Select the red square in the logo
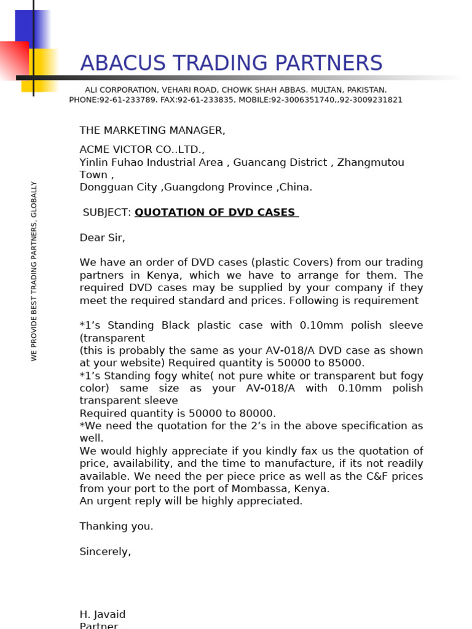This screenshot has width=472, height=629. (x=14, y=60)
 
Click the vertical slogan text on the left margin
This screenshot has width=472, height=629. (x=34, y=270)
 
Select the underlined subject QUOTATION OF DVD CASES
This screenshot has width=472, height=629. (x=216, y=213)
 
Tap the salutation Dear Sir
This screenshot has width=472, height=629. (x=102, y=238)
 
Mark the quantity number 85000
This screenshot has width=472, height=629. (x=347, y=363)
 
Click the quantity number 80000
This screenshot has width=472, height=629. (x=259, y=413)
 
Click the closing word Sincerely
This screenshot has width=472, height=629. (x=105, y=552)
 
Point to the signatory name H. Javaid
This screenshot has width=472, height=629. (x=102, y=614)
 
